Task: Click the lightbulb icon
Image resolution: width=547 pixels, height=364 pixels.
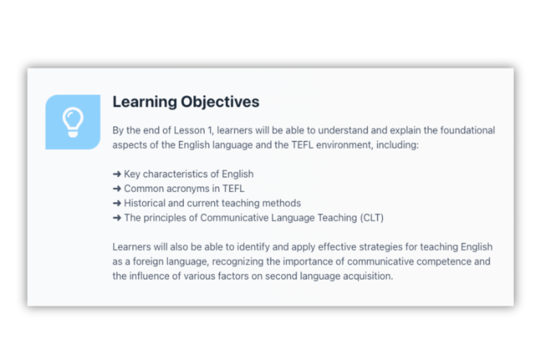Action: [73, 122]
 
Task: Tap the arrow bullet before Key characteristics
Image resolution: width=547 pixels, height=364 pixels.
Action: [117, 174]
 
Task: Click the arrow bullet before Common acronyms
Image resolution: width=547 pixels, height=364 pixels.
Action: [117, 189]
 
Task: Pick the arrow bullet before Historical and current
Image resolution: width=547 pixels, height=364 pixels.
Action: [117, 203]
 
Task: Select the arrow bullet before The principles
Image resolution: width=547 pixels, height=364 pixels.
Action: [117, 218]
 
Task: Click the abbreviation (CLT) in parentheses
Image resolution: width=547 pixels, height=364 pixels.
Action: [371, 218]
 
